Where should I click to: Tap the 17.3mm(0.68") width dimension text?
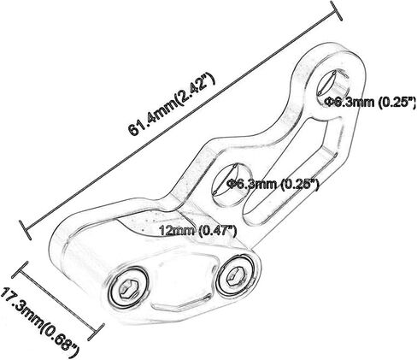point(39,322)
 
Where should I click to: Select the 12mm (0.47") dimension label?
point(197,230)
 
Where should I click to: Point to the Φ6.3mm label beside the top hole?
point(371,102)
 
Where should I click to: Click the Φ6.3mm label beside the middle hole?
point(272,185)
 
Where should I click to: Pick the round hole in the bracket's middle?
point(232,185)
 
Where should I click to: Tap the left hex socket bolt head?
point(128,288)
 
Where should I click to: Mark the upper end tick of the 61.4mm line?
point(336,10)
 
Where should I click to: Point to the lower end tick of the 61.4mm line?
point(25,230)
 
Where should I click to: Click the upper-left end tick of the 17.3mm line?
point(20,269)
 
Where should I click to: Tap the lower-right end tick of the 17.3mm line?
point(96,332)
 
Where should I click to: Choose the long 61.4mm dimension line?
point(180,121)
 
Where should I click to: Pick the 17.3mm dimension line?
point(58,301)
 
